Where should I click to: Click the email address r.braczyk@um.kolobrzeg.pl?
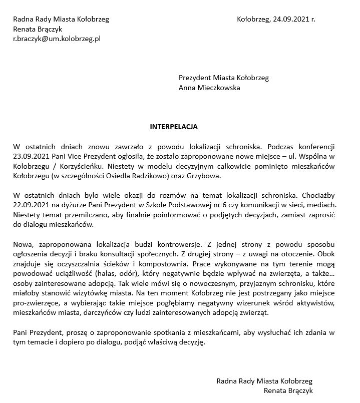[x=57, y=38]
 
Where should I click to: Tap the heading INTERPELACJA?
[x=174, y=127]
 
